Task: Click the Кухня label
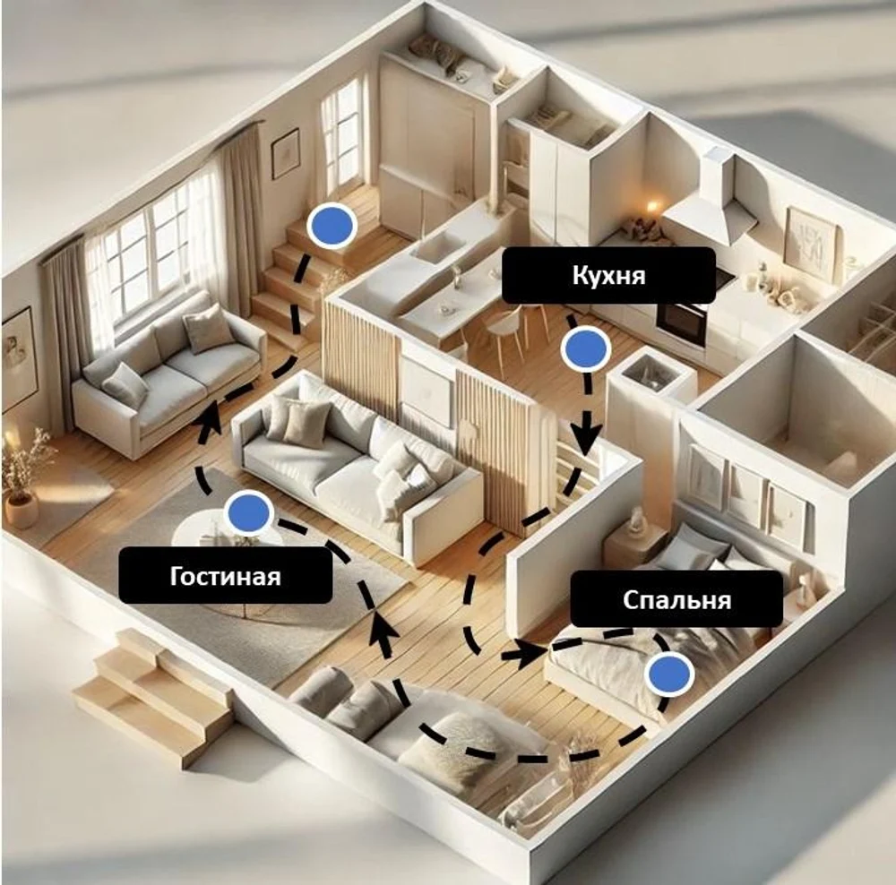[608, 275]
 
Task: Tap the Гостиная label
[225, 575]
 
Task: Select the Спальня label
[676, 599]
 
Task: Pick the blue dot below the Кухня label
[586, 348]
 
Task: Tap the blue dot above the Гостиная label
[248, 511]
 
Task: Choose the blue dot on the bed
[669, 674]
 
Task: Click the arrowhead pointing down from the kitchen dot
[587, 439]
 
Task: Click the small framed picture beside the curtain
[285, 153]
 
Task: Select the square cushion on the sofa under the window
[210, 329]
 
